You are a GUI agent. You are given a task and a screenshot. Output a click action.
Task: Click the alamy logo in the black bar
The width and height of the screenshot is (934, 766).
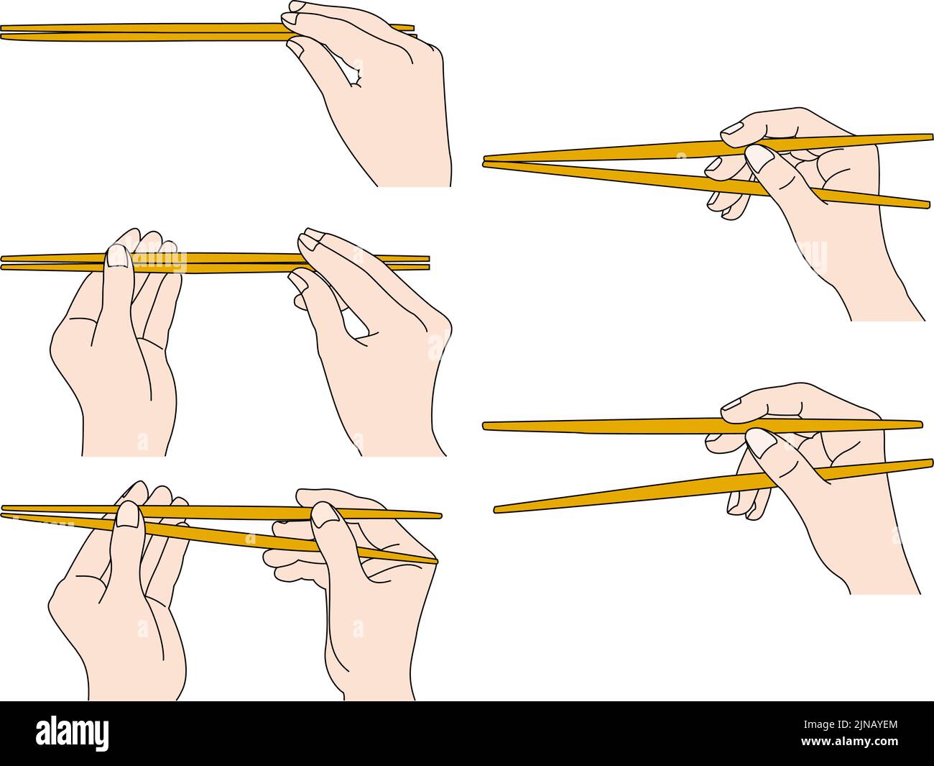73,733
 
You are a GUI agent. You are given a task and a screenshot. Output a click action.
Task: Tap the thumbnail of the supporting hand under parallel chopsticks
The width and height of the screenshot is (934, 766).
117,256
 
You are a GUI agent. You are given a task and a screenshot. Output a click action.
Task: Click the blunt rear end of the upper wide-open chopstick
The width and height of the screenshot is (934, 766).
919,424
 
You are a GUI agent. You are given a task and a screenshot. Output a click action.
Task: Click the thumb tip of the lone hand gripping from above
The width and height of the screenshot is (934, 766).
295,46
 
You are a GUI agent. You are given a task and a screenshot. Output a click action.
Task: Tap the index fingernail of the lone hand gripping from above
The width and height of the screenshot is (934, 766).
295,7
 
